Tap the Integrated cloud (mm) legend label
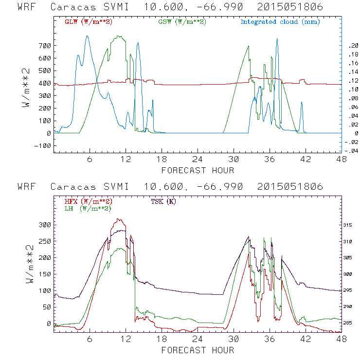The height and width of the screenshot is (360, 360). click(x=280, y=22)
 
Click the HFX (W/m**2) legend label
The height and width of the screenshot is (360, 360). click(x=86, y=201)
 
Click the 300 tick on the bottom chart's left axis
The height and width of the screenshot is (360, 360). click(x=44, y=224)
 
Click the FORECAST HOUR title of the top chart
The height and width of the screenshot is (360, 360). click(x=198, y=170)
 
